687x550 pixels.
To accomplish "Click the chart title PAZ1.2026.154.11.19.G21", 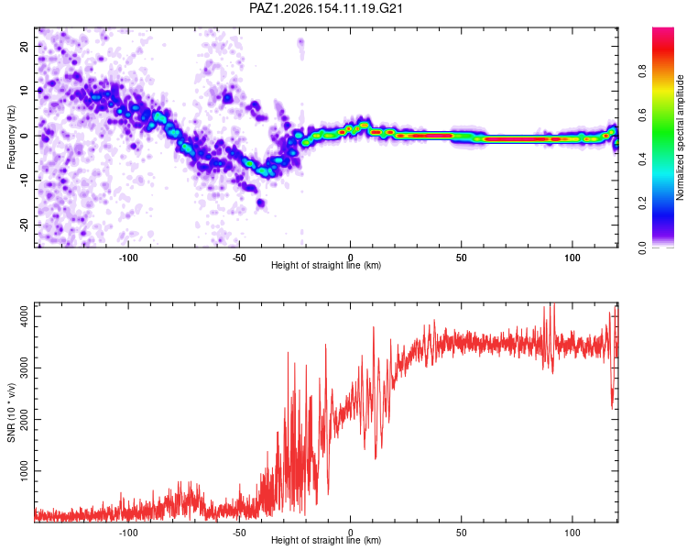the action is coord(325,8).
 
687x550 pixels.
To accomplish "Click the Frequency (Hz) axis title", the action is coord(11,137).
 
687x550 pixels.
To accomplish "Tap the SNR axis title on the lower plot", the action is coord(11,412).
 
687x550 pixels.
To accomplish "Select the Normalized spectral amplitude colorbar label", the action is coord(680,137).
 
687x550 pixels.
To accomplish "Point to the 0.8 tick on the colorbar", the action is coord(642,71).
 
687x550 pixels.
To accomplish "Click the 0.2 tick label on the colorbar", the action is coord(642,203).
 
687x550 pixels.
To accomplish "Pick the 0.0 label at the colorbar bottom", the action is coord(642,247).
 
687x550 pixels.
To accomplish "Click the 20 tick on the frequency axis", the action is coord(25,46).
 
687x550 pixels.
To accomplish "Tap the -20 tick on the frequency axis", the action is coord(25,225).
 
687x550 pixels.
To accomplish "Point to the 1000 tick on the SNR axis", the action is coord(25,470).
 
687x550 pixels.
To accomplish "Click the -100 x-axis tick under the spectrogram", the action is coord(128,258).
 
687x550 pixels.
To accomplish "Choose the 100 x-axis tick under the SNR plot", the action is coord(572,533).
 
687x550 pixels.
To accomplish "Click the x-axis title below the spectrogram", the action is coord(326,265).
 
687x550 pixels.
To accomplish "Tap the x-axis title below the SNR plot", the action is coord(326,540).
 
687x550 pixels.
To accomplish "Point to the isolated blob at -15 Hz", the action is coord(261,203).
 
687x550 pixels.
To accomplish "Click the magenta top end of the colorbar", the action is coord(663,30).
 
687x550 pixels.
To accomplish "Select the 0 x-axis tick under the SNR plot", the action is coord(350,533).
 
